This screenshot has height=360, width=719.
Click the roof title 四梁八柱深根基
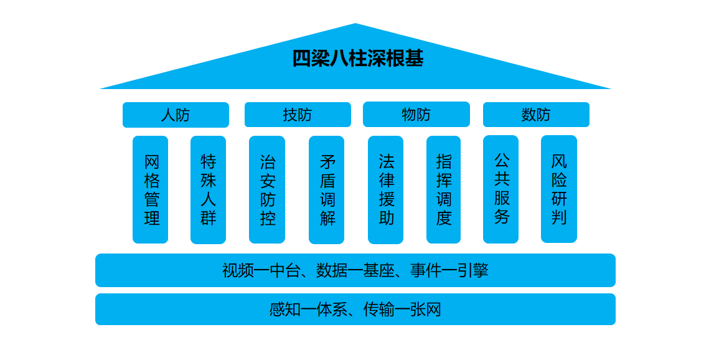[x=358, y=59]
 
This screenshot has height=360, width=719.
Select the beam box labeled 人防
[x=176, y=115]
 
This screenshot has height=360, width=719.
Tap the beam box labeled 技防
[x=298, y=115]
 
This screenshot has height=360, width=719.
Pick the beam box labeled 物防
[x=416, y=115]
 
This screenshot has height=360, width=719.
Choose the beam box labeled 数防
[x=536, y=115]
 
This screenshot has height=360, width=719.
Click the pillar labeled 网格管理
[x=151, y=190]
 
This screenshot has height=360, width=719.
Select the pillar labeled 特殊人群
[x=208, y=190]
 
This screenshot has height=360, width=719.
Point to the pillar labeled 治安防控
[x=267, y=190]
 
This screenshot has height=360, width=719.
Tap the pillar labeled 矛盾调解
[x=327, y=190]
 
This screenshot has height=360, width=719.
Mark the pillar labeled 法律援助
[x=386, y=190]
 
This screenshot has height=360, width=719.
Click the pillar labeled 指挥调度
[x=444, y=190]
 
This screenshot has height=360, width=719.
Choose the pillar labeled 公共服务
[x=501, y=189]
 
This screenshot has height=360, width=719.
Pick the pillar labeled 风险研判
[x=559, y=189]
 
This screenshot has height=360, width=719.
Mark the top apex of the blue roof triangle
[x=355, y=24]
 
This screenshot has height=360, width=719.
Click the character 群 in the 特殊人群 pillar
[x=208, y=219]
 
